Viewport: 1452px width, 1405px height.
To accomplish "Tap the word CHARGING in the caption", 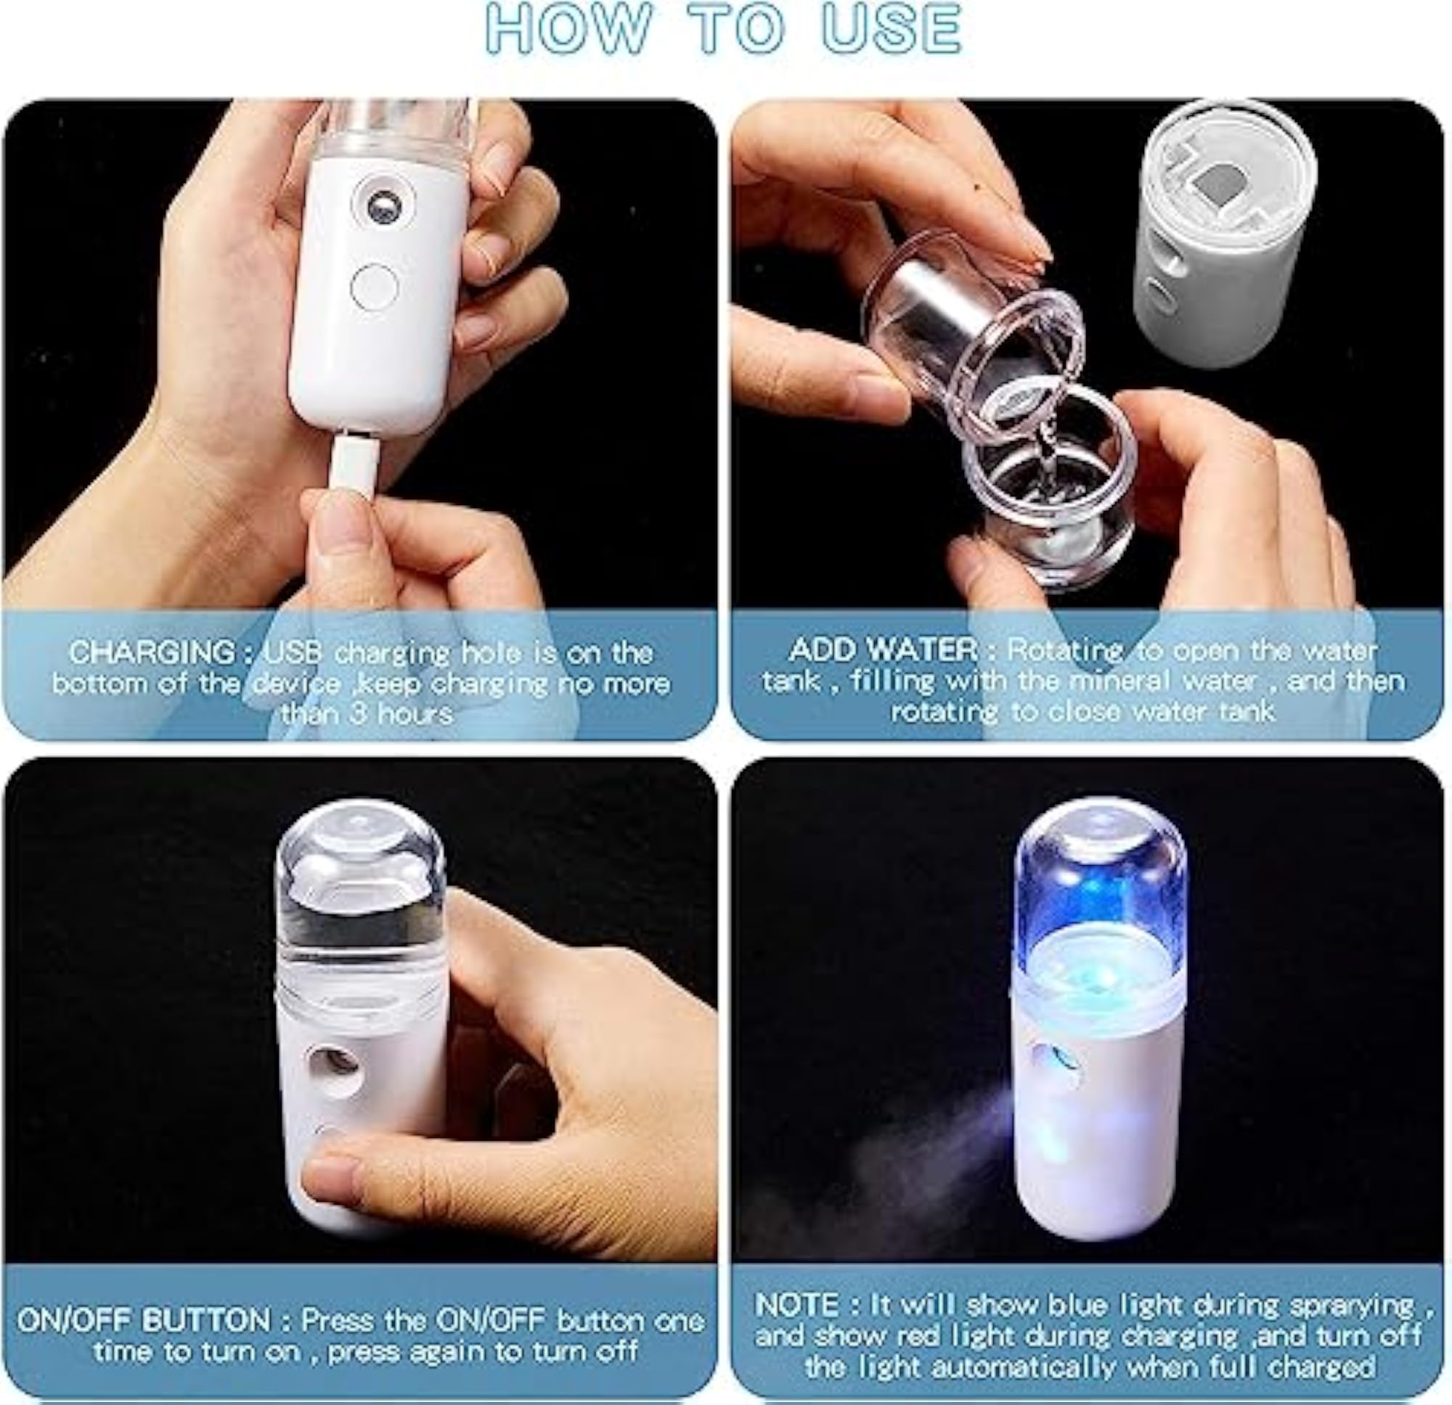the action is click(152, 652).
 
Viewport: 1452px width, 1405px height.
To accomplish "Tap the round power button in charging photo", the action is click(374, 287).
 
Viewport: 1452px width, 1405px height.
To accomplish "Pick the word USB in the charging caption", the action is click(293, 652).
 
